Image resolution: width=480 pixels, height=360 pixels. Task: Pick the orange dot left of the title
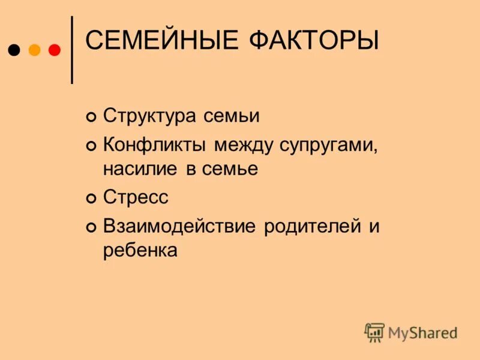click(34, 50)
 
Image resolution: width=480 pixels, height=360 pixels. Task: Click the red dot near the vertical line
click(54, 50)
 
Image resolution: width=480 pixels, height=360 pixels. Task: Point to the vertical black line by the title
click(73, 49)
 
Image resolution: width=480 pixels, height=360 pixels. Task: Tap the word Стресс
click(136, 197)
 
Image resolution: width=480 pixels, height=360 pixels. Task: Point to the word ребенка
click(140, 250)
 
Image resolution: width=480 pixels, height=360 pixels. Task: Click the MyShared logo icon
click(374, 332)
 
